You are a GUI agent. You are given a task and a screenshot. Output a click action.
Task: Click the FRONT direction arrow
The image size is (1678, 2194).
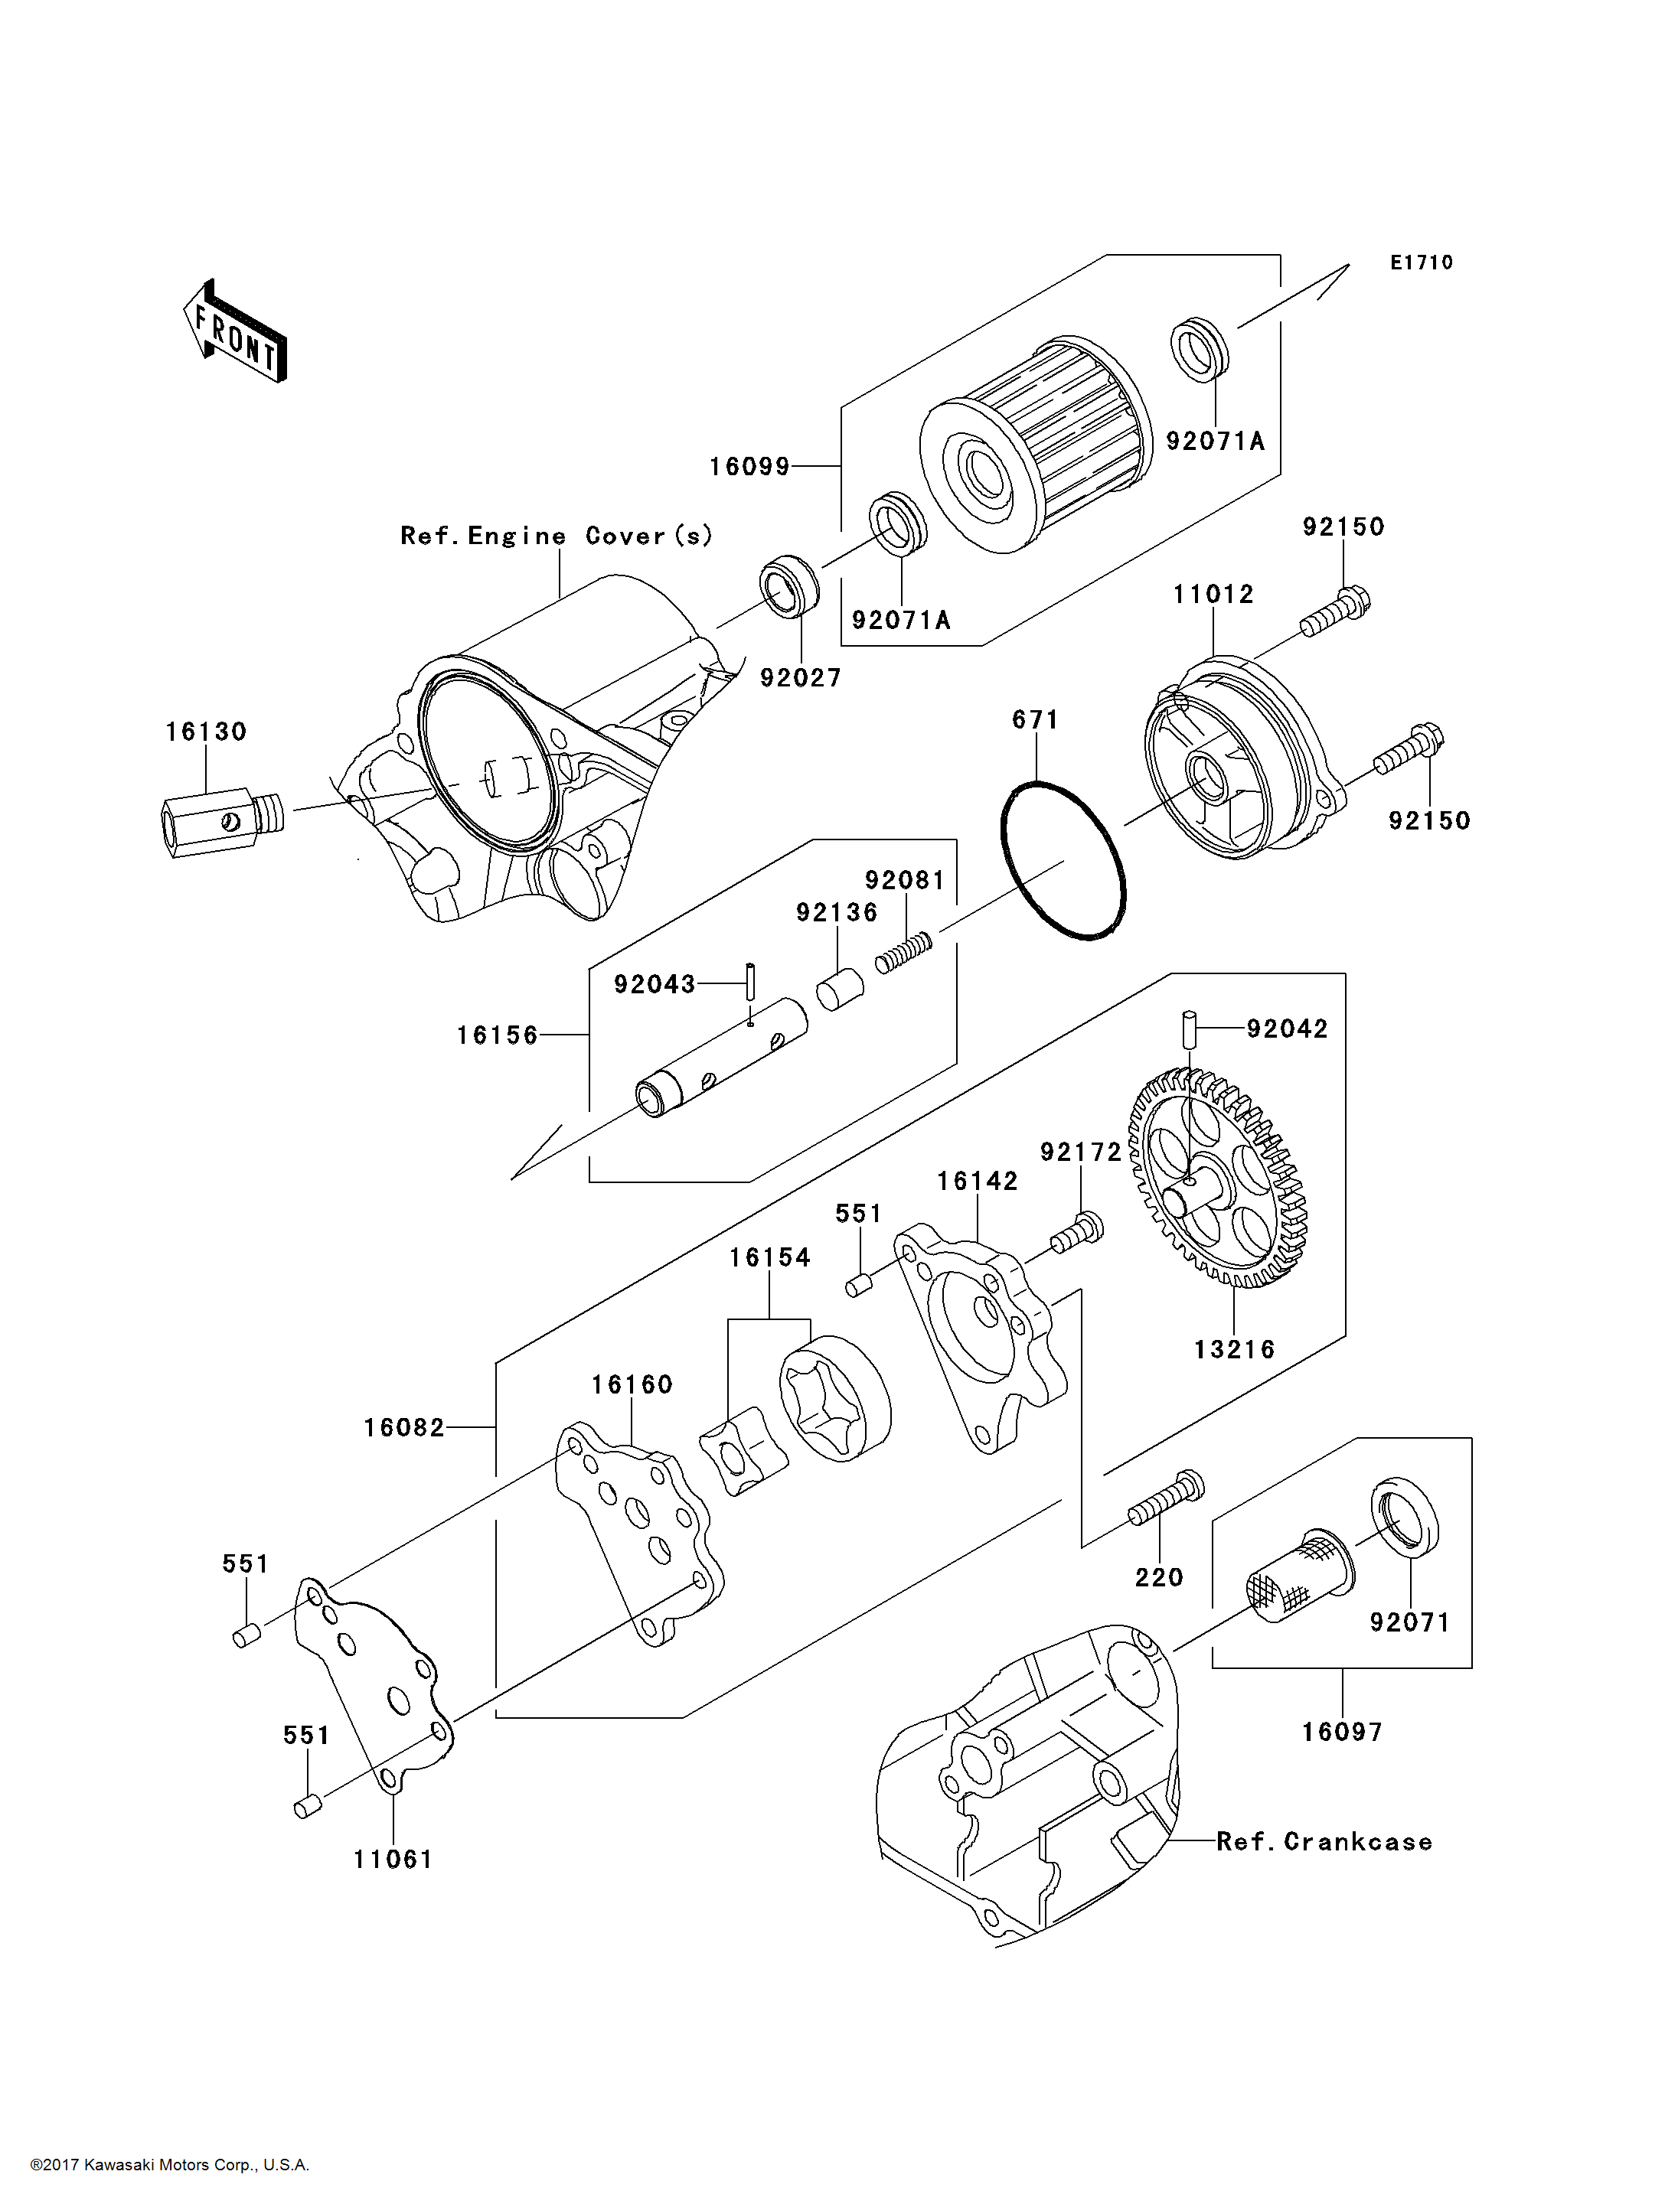(x=236, y=331)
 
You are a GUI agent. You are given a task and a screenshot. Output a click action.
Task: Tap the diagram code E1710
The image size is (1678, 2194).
(x=1422, y=262)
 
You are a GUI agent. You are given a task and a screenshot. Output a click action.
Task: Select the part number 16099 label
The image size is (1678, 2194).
(x=749, y=466)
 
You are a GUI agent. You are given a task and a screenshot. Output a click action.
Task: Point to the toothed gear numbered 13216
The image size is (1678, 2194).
(x=1219, y=1178)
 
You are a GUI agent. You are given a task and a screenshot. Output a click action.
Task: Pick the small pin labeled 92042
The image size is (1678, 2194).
(x=1190, y=1029)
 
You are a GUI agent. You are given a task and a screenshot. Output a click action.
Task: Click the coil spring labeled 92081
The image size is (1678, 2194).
(x=904, y=952)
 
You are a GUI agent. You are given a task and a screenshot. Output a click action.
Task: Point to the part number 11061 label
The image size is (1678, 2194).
(x=393, y=1860)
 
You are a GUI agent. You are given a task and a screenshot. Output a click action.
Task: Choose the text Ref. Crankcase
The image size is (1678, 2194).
(x=1324, y=1841)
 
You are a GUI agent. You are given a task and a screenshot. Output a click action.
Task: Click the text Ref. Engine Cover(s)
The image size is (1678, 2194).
(x=557, y=536)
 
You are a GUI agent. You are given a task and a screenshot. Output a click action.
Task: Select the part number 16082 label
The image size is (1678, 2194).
(x=403, y=1428)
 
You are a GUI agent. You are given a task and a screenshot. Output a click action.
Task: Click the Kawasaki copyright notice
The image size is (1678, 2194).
(x=170, y=2165)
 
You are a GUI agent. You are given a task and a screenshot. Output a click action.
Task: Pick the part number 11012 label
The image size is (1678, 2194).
(x=1213, y=594)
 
